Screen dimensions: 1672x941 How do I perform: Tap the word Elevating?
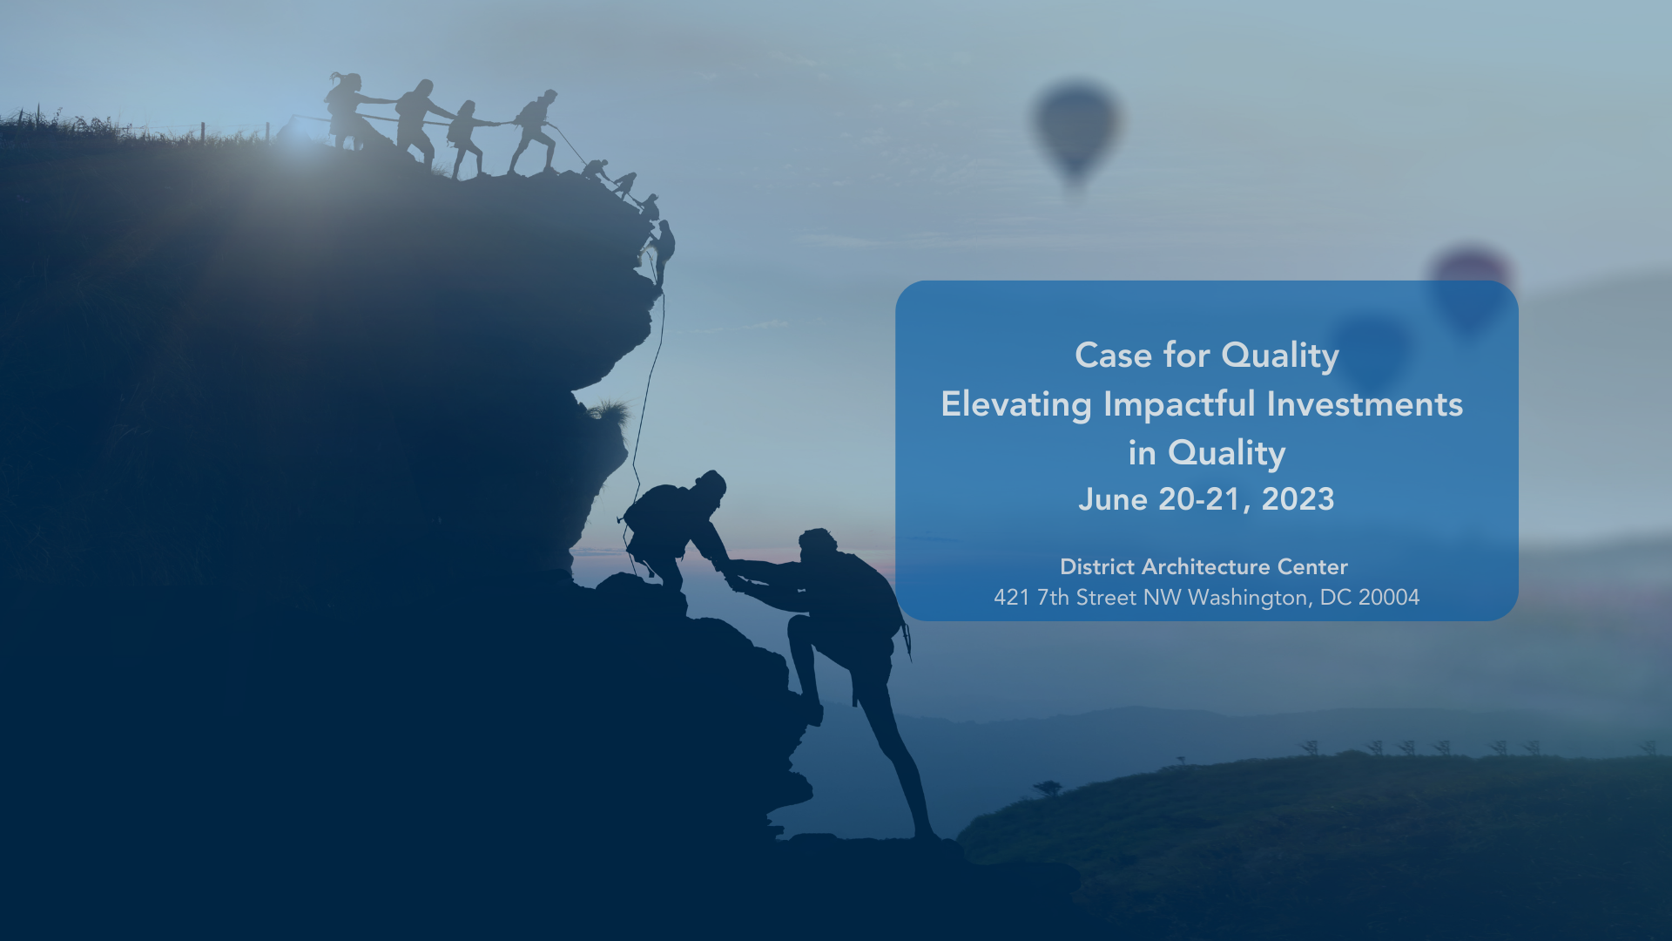(x=1016, y=405)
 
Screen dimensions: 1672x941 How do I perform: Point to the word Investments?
(x=1365, y=404)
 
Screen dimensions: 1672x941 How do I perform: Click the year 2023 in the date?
(x=1298, y=499)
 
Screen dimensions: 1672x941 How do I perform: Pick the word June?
(x=1113, y=499)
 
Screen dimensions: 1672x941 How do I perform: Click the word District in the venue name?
(x=1097, y=567)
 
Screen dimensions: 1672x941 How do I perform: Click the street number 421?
(x=1012, y=598)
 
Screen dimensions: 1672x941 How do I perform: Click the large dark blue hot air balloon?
(x=1076, y=132)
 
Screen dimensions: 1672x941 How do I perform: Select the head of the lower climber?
(x=817, y=545)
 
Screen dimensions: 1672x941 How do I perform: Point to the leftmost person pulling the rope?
(x=346, y=111)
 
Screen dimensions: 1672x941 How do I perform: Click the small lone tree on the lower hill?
(x=1047, y=788)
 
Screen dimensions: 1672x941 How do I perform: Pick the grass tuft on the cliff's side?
(x=609, y=411)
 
